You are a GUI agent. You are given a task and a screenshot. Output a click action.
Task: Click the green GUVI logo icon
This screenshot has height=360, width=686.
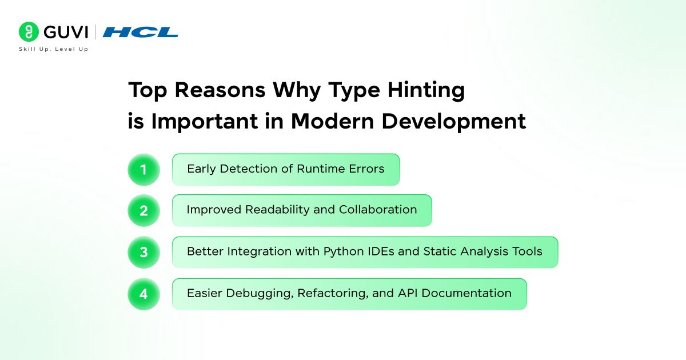(x=29, y=31)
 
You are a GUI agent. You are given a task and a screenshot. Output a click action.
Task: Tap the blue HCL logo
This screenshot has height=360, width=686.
(x=141, y=32)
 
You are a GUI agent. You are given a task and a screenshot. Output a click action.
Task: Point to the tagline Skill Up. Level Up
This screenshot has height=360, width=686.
(x=53, y=49)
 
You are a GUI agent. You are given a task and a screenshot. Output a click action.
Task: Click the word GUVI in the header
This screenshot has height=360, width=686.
(x=66, y=32)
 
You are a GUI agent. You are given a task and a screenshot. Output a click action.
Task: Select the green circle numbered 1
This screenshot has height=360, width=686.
(x=143, y=170)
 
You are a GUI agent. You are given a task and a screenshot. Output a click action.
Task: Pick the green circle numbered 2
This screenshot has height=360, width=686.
(x=143, y=211)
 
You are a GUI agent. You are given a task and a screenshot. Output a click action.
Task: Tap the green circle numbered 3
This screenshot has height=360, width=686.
(x=143, y=252)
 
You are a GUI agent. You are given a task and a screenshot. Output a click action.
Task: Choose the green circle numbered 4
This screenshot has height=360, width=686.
(x=143, y=294)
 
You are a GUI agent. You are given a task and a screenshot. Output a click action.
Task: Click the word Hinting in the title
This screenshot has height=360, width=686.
(x=426, y=91)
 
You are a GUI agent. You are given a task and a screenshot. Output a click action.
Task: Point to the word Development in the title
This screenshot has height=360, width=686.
(x=454, y=122)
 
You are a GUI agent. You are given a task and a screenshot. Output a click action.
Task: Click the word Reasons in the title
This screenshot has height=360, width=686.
(x=220, y=90)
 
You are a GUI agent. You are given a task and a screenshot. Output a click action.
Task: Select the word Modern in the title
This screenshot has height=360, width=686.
(x=332, y=121)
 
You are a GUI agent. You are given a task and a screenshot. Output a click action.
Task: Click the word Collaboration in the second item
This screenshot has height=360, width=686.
(x=378, y=209)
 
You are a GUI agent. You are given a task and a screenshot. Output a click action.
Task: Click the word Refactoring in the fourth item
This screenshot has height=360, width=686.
(x=333, y=294)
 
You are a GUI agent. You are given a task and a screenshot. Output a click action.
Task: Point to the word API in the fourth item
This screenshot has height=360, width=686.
(x=408, y=293)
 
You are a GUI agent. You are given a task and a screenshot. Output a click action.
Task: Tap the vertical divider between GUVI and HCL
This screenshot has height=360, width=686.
(x=95, y=32)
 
